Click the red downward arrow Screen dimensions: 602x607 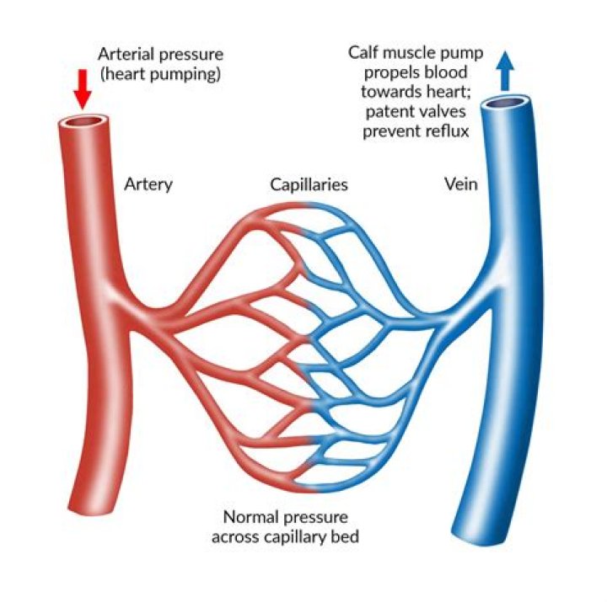pyautogui.click(x=82, y=87)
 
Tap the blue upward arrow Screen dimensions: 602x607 pyautogui.click(x=504, y=70)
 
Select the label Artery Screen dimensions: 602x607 pyautogui.click(x=148, y=184)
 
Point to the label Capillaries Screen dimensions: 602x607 pyautogui.click(x=309, y=184)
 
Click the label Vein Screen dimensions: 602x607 pyautogui.click(x=460, y=184)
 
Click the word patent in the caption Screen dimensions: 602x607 pyautogui.click(x=383, y=112)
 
